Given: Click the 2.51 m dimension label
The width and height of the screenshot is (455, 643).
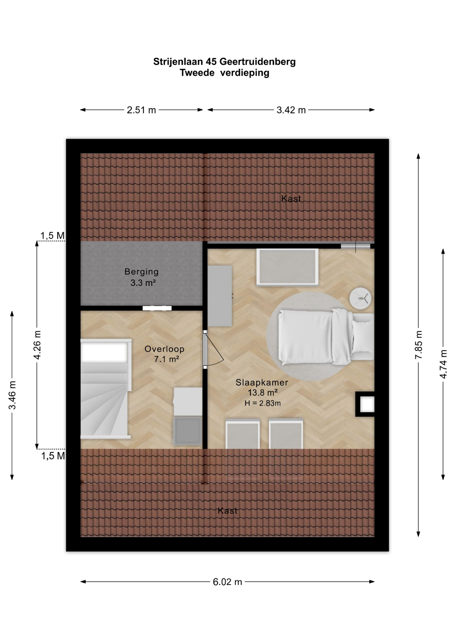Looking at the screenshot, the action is (141, 110).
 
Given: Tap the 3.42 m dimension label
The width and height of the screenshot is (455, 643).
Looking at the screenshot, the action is (291, 110).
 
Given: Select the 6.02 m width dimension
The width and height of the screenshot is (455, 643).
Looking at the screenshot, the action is (227, 582).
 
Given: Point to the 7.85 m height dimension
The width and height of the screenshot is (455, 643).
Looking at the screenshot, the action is (418, 345).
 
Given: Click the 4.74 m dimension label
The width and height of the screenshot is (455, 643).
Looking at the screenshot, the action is (443, 364).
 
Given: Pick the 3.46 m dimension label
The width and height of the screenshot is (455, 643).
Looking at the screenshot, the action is (12, 395).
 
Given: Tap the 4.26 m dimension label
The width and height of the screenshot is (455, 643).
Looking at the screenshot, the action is (37, 345).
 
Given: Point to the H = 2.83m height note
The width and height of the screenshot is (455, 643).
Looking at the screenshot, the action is (263, 403).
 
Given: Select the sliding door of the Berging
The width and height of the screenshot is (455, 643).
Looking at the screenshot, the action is (157, 308).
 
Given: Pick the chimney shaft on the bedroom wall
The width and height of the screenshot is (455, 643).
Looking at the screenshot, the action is (365, 404).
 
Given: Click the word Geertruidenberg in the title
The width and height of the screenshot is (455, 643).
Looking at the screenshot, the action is (257, 62).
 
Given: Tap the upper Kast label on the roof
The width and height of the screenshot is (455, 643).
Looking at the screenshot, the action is (291, 199).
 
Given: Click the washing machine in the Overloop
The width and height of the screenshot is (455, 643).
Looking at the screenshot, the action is (188, 431).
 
